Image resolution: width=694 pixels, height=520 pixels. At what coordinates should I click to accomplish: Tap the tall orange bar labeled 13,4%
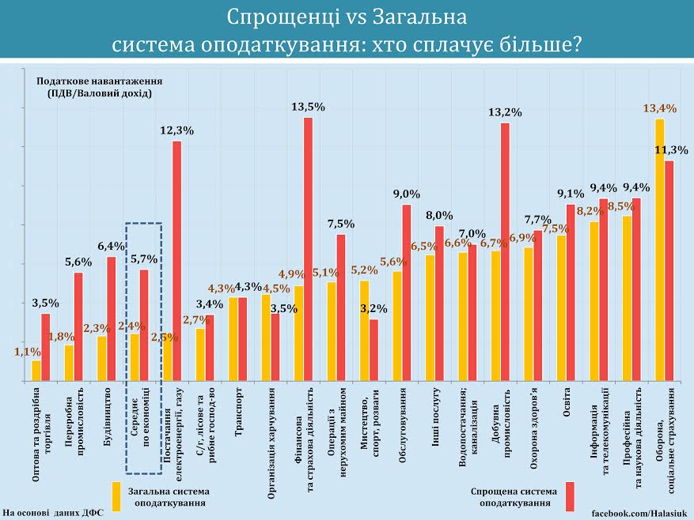click(x=659, y=250)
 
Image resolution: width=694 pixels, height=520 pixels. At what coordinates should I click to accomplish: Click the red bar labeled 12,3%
click(x=177, y=261)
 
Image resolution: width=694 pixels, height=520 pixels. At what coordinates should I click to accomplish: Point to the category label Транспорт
click(x=238, y=411)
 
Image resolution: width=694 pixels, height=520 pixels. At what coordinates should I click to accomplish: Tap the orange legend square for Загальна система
click(x=116, y=496)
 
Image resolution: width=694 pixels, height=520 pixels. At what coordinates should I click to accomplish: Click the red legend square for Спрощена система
click(x=569, y=496)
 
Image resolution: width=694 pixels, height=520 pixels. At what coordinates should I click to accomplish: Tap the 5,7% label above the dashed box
click(x=144, y=258)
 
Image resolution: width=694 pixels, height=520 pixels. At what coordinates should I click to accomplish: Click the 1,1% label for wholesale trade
click(x=28, y=352)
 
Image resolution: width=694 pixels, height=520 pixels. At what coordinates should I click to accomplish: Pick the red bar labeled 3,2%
click(x=374, y=350)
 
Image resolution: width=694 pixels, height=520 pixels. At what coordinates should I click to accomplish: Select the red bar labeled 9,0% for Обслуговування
click(x=407, y=292)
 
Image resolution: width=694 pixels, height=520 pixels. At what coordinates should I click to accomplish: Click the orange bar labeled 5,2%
click(x=364, y=330)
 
